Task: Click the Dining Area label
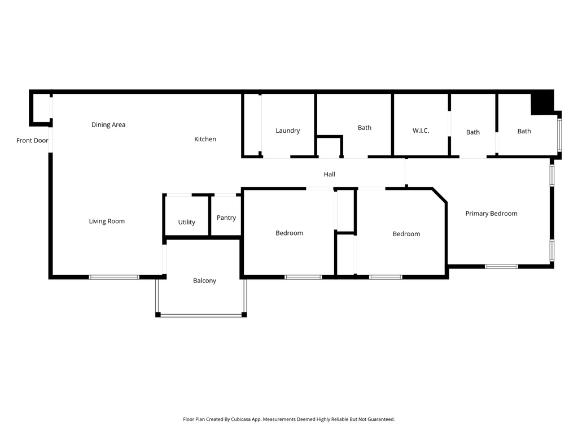(x=108, y=125)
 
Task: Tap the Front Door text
(x=32, y=141)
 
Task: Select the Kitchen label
(x=205, y=139)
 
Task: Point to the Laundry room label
(x=287, y=131)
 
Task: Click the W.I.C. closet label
(x=421, y=131)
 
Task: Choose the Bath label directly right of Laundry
(x=365, y=128)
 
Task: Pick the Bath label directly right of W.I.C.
(x=473, y=132)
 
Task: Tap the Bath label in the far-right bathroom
(x=524, y=131)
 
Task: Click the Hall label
(x=329, y=175)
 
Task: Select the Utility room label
(x=186, y=222)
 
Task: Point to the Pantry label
(x=226, y=218)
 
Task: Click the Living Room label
(x=107, y=222)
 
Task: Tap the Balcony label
(x=204, y=281)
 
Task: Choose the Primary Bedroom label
(x=491, y=214)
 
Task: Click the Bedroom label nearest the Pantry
(x=289, y=233)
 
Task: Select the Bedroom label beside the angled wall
(x=406, y=234)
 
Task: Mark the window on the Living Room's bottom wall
(x=114, y=277)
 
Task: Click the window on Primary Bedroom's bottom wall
(x=501, y=266)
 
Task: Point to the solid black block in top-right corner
(x=543, y=103)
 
